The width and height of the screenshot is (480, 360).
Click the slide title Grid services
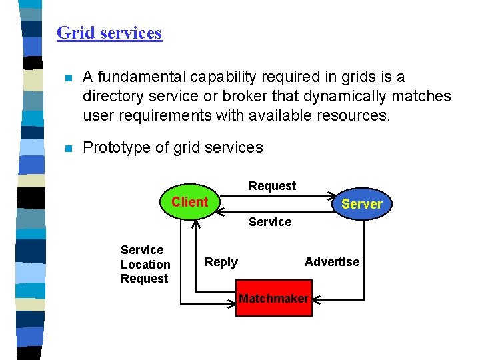click(109, 33)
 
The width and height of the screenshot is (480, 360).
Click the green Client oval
click(190, 202)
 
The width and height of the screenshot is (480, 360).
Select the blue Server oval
click(361, 204)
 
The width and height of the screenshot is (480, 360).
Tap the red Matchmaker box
click(273, 299)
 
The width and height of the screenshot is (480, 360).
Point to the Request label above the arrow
click(272, 186)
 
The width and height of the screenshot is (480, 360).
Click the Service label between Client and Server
click(270, 222)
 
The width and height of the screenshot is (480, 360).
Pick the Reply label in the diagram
click(221, 262)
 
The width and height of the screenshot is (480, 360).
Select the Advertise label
click(332, 262)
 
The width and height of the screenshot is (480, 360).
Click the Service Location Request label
click(145, 264)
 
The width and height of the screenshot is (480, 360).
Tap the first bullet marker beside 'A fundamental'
click(66, 78)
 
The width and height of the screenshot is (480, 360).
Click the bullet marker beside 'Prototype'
click(66, 149)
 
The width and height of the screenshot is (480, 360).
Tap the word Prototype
click(116, 147)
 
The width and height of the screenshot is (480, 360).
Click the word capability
click(217, 78)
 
